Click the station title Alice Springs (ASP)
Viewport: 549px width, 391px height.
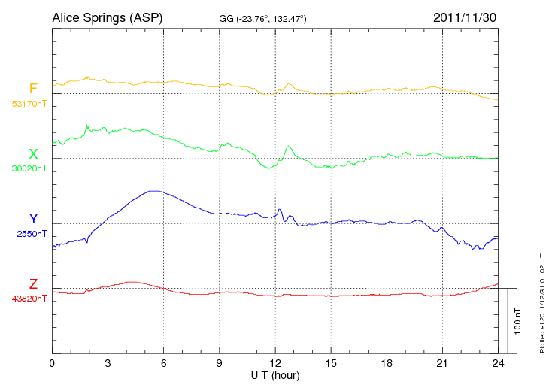click(107, 17)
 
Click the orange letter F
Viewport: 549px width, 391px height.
click(33, 89)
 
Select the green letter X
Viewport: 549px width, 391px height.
click(33, 154)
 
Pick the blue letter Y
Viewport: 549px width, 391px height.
click(33, 219)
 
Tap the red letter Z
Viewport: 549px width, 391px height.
click(33, 284)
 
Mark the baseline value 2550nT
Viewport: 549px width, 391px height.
click(31, 234)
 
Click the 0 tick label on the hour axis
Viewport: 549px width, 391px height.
click(52, 363)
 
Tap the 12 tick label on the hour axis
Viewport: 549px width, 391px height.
click(275, 363)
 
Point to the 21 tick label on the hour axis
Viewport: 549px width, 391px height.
click(442, 363)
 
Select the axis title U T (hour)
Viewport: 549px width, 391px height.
click(275, 374)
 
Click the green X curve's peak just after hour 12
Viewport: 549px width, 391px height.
click(289, 147)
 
